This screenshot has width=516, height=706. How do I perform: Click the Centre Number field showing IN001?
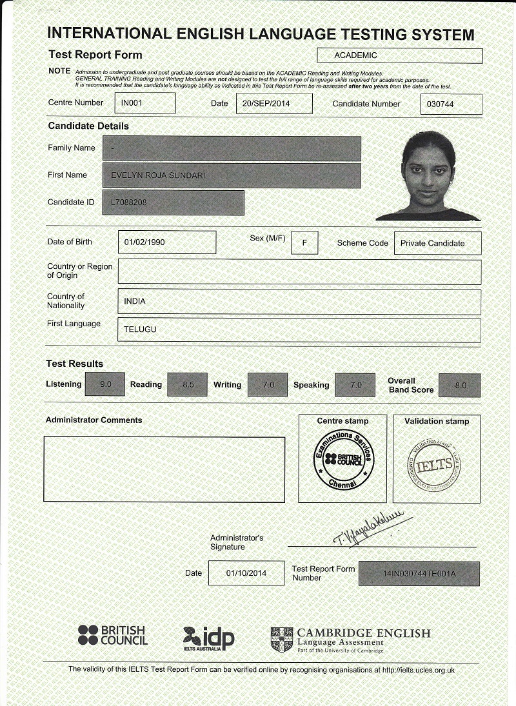[x=145, y=103]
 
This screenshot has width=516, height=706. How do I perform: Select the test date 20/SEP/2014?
[x=273, y=104]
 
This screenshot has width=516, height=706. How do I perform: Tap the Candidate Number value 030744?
[x=451, y=104]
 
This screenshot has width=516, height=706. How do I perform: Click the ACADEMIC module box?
[x=400, y=56]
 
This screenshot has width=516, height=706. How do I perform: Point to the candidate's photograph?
[x=428, y=175]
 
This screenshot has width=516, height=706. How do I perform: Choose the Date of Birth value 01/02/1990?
[x=167, y=242]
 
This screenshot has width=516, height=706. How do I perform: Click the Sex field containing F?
[x=304, y=242]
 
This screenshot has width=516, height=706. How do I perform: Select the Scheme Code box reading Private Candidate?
[x=437, y=243]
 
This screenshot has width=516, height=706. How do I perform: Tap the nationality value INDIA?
[x=299, y=302]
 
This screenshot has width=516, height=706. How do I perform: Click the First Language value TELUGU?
[x=299, y=330]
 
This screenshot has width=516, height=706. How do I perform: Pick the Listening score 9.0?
[x=104, y=384]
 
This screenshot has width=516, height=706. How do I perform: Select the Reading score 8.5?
[x=187, y=385]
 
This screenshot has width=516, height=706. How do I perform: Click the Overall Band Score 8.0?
[x=460, y=385]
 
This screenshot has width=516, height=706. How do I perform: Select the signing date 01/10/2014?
[x=246, y=573]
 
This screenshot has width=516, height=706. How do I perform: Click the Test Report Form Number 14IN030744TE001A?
[x=419, y=574]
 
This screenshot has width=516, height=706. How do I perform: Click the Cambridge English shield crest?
[x=282, y=639]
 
